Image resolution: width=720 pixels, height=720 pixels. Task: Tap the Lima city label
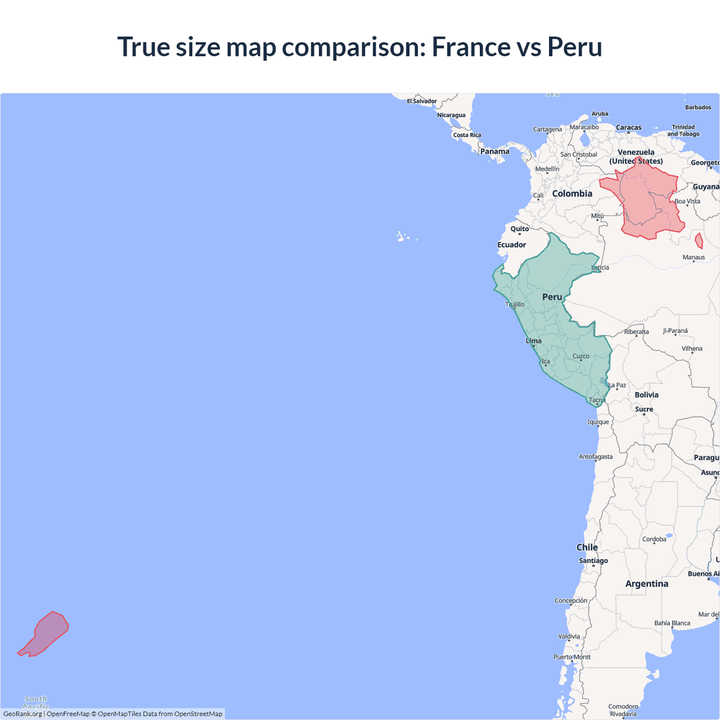point(534,341)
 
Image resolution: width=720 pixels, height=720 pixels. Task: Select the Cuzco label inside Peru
point(581,356)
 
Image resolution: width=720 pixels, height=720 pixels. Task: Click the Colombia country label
point(572,193)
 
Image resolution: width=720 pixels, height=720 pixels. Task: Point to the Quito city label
point(520,229)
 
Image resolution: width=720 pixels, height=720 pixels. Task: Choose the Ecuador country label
point(512,245)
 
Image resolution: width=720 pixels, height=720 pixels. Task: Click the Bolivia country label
point(646,395)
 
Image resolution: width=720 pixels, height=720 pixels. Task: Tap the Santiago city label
point(593,560)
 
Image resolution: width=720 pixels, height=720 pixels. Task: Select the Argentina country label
point(647,584)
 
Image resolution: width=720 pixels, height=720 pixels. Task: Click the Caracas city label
point(628,128)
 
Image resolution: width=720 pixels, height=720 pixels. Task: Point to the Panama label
point(495,151)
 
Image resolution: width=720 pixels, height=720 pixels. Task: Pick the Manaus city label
point(694,257)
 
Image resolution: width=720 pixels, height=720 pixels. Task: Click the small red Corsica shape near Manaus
point(699,241)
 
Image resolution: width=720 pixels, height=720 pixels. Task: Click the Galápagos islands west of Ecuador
point(402,237)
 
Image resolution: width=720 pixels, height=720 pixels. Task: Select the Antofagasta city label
point(596,457)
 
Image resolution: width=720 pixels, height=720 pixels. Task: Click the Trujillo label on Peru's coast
point(515,304)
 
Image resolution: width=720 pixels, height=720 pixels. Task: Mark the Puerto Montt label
point(572,657)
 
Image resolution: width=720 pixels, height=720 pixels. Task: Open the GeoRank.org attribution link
point(22,714)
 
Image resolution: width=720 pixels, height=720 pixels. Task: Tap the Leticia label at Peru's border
point(600,267)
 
